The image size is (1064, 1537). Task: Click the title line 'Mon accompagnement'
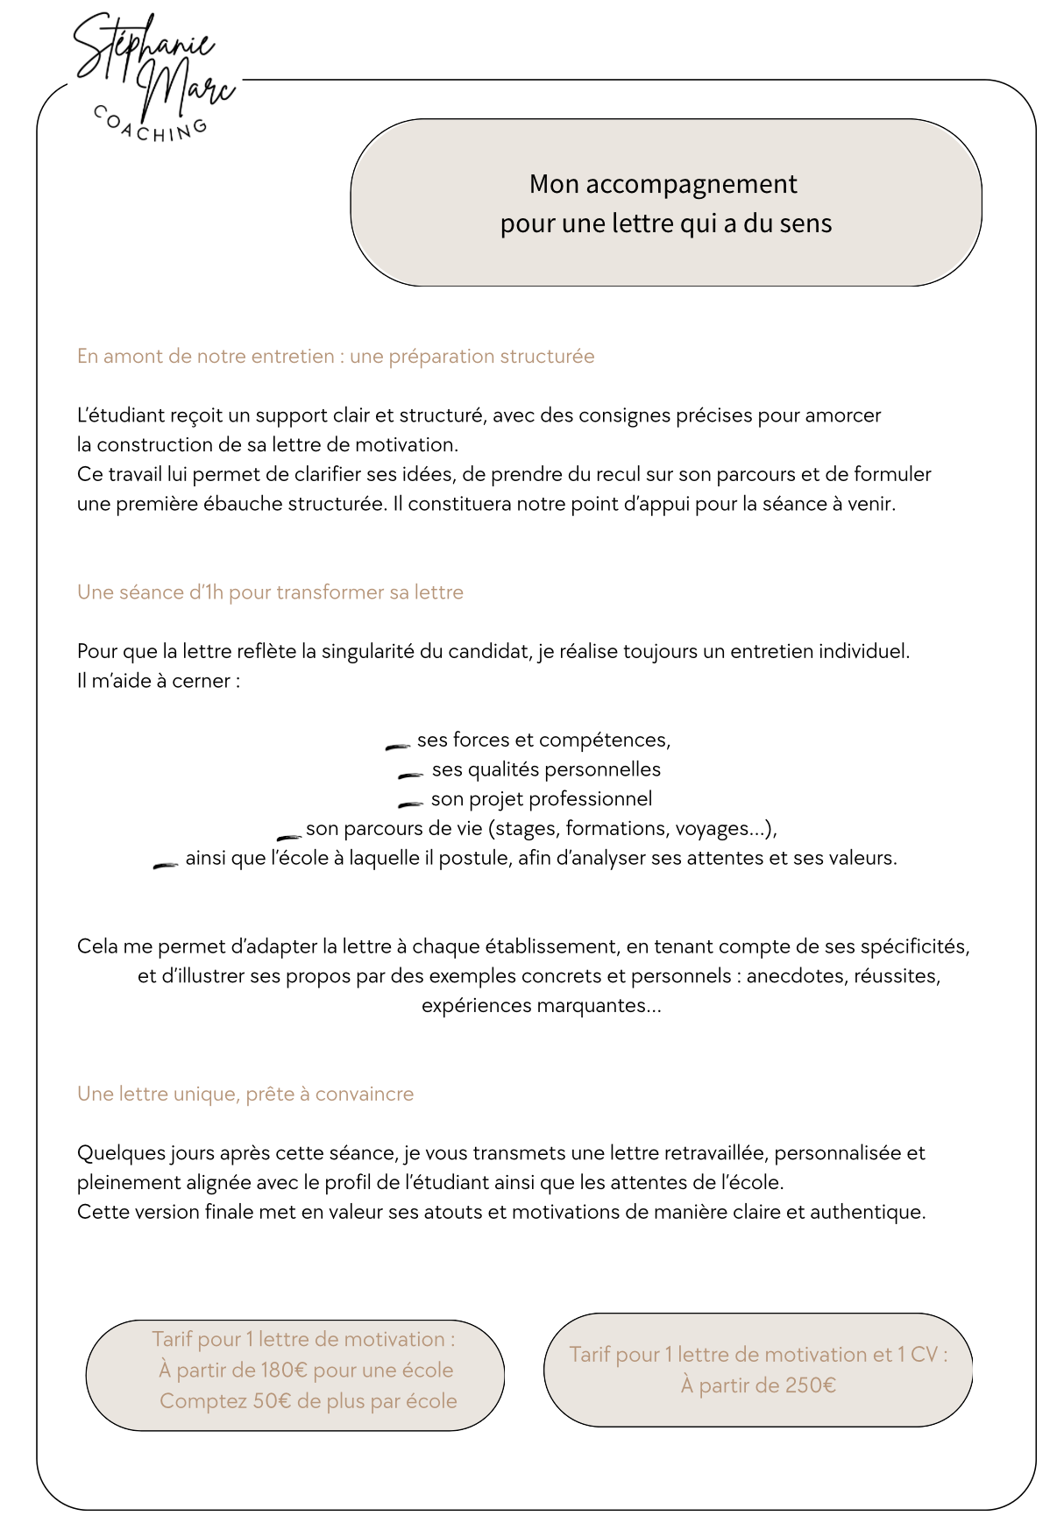(x=663, y=184)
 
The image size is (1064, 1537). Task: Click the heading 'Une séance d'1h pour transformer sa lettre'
(x=270, y=592)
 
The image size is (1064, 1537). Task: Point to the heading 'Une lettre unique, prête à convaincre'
(x=245, y=1094)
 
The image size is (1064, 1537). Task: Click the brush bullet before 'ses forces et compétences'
(x=398, y=747)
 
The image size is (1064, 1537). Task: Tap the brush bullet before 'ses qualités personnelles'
(x=411, y=776)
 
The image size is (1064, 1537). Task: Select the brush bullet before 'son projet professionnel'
(x=411, y=804)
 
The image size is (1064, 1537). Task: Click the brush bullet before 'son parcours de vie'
(x=289, y=838)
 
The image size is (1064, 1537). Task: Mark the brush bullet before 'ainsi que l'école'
(x=166, y=866)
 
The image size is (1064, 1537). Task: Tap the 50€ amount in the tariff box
(x=272, y=1400)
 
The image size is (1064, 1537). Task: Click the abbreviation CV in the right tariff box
(x=924, y=1354)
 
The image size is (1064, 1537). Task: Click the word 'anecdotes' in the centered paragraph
(x=794, y=976)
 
